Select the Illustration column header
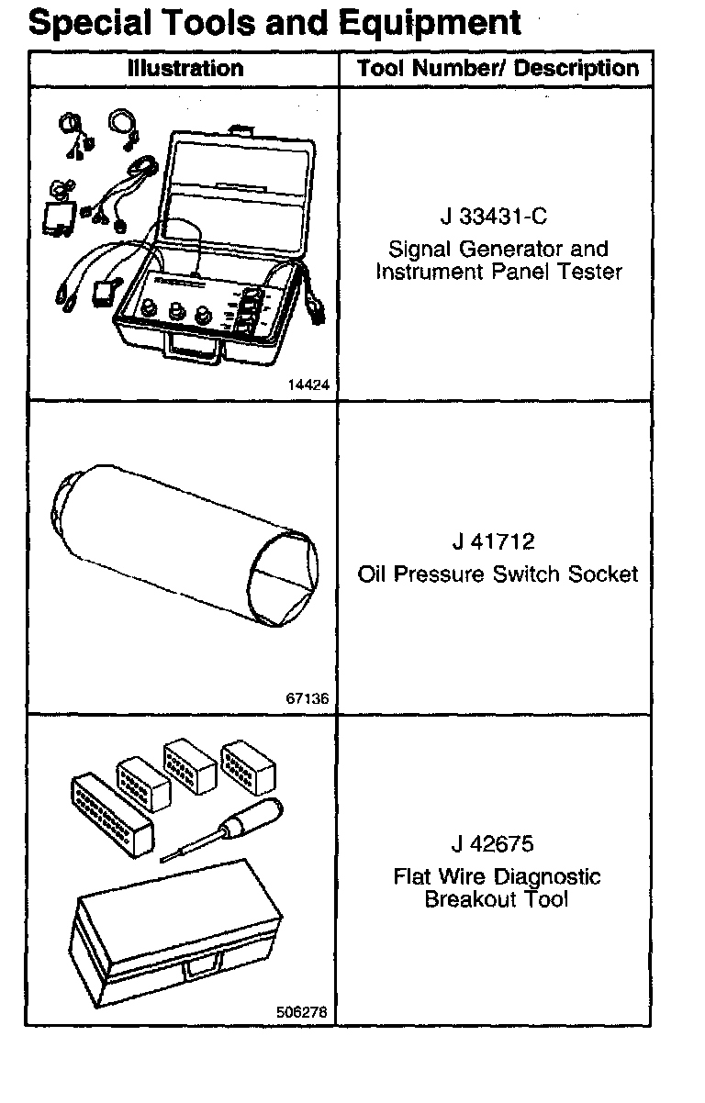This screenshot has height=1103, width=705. [185, 69]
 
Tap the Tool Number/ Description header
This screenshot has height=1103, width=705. [498, 69]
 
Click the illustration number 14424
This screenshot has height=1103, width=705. [307, 385]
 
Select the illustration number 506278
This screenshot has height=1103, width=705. [301, 1012]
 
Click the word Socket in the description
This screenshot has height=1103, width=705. [602, 574]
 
